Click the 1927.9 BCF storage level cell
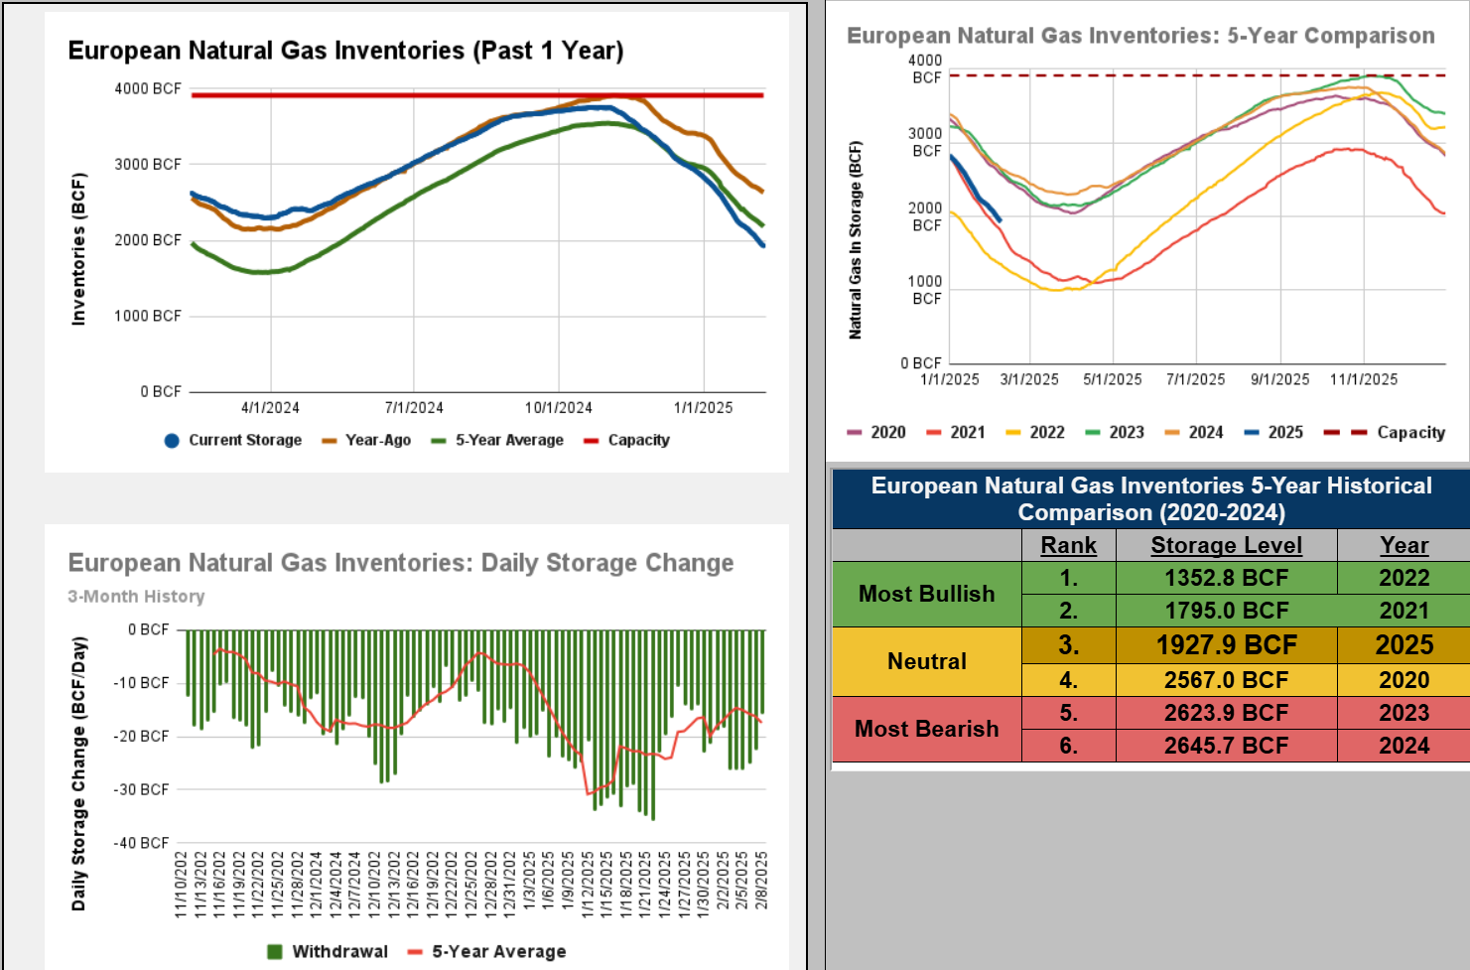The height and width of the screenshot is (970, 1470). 1226,645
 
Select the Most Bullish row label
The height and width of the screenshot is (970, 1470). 926,594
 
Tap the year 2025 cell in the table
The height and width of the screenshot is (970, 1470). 1403,645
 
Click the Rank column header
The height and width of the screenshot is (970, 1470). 1068,545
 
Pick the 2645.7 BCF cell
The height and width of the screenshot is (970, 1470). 1226,746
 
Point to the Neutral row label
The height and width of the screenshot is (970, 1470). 926,661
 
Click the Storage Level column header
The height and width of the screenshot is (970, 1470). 1226,545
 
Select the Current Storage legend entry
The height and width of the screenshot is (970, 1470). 233,440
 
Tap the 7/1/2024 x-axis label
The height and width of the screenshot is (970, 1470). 414,407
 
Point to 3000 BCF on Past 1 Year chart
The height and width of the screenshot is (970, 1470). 148,164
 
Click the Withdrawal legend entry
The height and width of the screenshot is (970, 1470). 328,951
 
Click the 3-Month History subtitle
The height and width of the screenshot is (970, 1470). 136,596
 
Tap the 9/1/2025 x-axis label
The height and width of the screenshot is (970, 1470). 1279,379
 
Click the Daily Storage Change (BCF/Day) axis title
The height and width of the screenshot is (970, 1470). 79,773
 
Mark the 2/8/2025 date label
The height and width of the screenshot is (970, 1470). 761,880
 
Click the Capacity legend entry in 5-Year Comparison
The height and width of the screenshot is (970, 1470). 1399,432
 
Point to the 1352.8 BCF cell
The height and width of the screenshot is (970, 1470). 1226,578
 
